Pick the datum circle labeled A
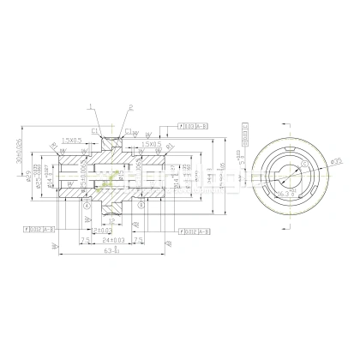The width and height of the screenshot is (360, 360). pos(87,207)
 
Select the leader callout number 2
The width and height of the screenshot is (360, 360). pos(131,108)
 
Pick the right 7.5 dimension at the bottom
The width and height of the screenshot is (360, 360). pos(157,241)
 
